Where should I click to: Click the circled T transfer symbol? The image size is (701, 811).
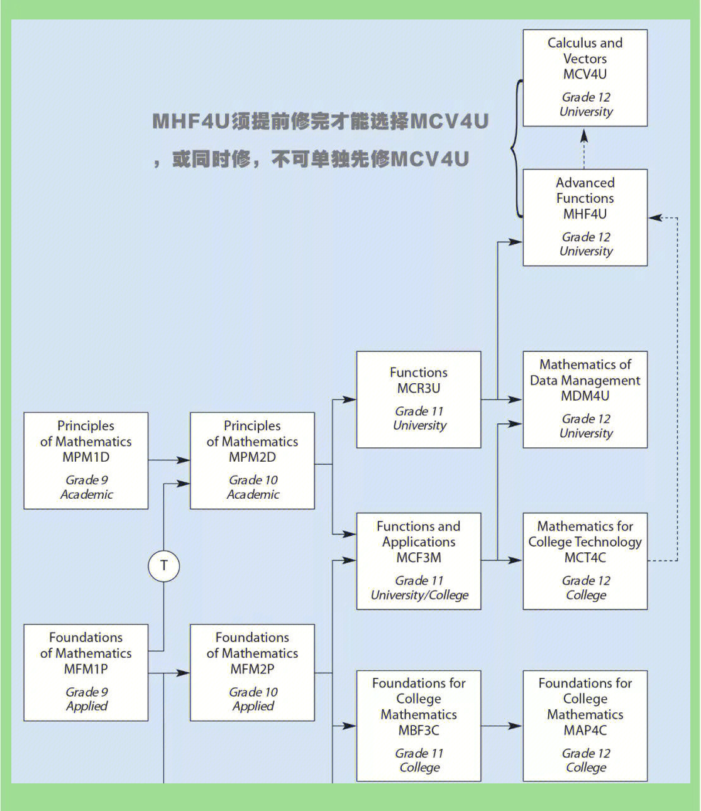[x=164, y=566]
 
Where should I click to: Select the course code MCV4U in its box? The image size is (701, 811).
[x=585, y=74]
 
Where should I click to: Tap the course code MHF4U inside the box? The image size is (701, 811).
[x=585, y=214]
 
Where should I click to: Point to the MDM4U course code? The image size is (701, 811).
[x=585, y=396]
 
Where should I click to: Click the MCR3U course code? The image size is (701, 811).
[x=419, y=388]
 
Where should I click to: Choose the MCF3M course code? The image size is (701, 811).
[x=419, y=557]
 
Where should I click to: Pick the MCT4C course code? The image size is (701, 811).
[x=585, y=557]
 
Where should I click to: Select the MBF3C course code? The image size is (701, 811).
[x=419, y=730]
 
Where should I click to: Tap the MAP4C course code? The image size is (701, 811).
[x=585, y=730]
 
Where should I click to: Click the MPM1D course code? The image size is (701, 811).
[x=86, y=457]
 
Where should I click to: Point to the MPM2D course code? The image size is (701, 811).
[x=252, y=457]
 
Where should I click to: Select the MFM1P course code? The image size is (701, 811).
[x=86, y=669]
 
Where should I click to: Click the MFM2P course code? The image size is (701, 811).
[x=252, y=669]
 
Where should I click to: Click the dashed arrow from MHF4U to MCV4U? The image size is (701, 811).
[x=584, y=148]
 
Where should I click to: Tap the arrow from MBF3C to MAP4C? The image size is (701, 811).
[x=502, y=726]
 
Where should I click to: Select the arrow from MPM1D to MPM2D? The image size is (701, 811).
[x=168, y=460]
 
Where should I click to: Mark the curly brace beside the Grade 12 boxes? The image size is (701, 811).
[x=516, y=149]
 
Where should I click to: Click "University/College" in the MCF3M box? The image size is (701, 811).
[x=419, y=595]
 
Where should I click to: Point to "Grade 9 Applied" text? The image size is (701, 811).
[x=87, y=699]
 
